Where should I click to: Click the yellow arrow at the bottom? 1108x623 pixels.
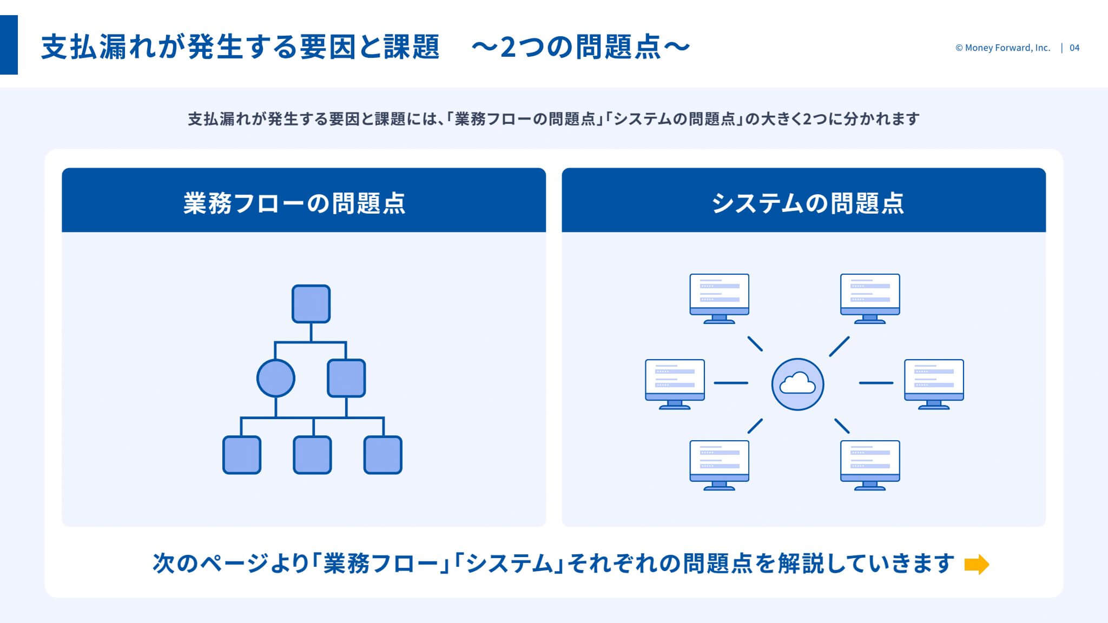(977, 564)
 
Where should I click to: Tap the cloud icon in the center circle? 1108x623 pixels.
(797, 383)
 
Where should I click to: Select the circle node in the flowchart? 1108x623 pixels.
(276, 378)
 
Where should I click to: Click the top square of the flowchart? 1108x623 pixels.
(311, 304)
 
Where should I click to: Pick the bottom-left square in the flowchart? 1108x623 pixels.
(242, 455)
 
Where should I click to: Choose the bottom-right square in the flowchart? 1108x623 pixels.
(383, 455)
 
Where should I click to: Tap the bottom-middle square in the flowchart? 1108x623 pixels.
(312, 455)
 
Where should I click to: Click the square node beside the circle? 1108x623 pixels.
(346, 378)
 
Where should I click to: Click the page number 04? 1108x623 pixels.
(1074, 48)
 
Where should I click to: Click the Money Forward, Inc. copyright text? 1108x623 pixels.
(1003, 48)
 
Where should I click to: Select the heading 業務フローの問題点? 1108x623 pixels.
(294, 203)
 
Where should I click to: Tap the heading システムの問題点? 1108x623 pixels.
(807, 203)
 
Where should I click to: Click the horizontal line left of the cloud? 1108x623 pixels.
(731, 383)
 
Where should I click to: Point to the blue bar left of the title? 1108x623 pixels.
(9, 45)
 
